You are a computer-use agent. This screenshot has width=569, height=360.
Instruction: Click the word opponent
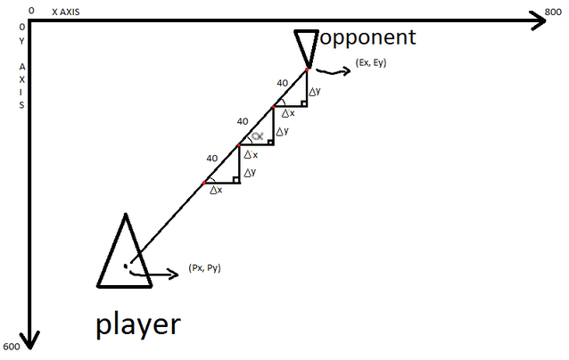(x=368, y=37)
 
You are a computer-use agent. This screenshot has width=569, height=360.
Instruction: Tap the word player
(x=138, y=323)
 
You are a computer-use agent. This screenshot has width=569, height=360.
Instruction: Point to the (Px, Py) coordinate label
(x=204, y=267)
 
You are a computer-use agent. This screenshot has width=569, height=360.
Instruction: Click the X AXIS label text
(x=70, y=12)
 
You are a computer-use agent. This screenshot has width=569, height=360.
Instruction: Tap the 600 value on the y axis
(x=12, y=347)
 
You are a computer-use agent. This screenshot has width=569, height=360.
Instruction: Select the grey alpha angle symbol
(x=257, y=136)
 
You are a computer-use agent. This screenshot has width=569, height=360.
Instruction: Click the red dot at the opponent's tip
(x=307, y=68)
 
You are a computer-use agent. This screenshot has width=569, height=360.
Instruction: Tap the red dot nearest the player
(x=204, y=182)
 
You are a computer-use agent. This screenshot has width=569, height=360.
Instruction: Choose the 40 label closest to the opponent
(x=282, y=83)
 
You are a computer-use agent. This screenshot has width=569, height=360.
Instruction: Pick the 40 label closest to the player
(x=212, y=158)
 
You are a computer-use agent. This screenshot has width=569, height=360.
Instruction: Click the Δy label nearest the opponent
(x=314, y=91)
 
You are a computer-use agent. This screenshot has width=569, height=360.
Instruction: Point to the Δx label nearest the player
(x=215, y=190)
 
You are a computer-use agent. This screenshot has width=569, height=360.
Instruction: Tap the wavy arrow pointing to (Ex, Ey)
(x=334, y=72)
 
